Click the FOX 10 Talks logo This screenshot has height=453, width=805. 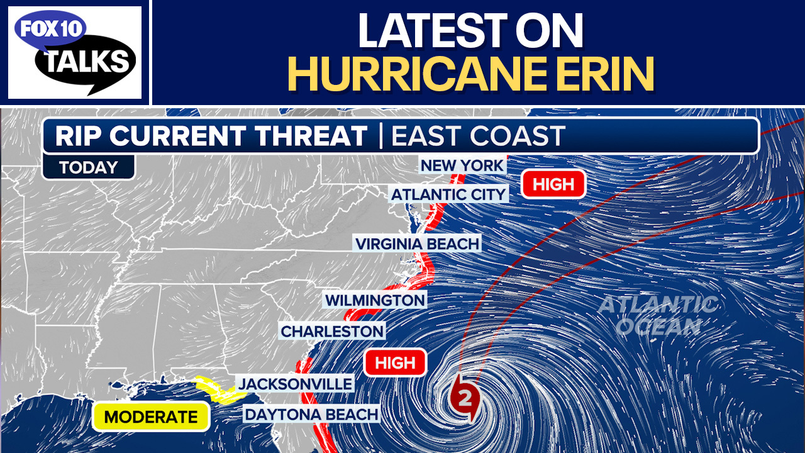[75, 52]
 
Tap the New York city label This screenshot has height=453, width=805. [462, 166]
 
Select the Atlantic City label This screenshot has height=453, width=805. [448, 194]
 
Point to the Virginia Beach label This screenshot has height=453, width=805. [417, 243]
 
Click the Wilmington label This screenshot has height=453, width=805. [375, 300]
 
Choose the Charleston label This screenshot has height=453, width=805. [332, 331]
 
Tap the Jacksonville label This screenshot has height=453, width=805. [294, 383]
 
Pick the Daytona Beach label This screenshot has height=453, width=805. [311, 414]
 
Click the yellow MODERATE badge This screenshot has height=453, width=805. [151, 417]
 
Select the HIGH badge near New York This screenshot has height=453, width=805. [553, 184]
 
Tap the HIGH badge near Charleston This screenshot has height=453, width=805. [396, 362]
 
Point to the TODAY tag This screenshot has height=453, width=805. [89, 167]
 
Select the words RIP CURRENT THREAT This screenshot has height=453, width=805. [211, 137]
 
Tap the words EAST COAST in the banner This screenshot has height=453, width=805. [478, 137]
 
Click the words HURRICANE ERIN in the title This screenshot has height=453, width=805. [470, 74]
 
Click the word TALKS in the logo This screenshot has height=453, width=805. [89, 62]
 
